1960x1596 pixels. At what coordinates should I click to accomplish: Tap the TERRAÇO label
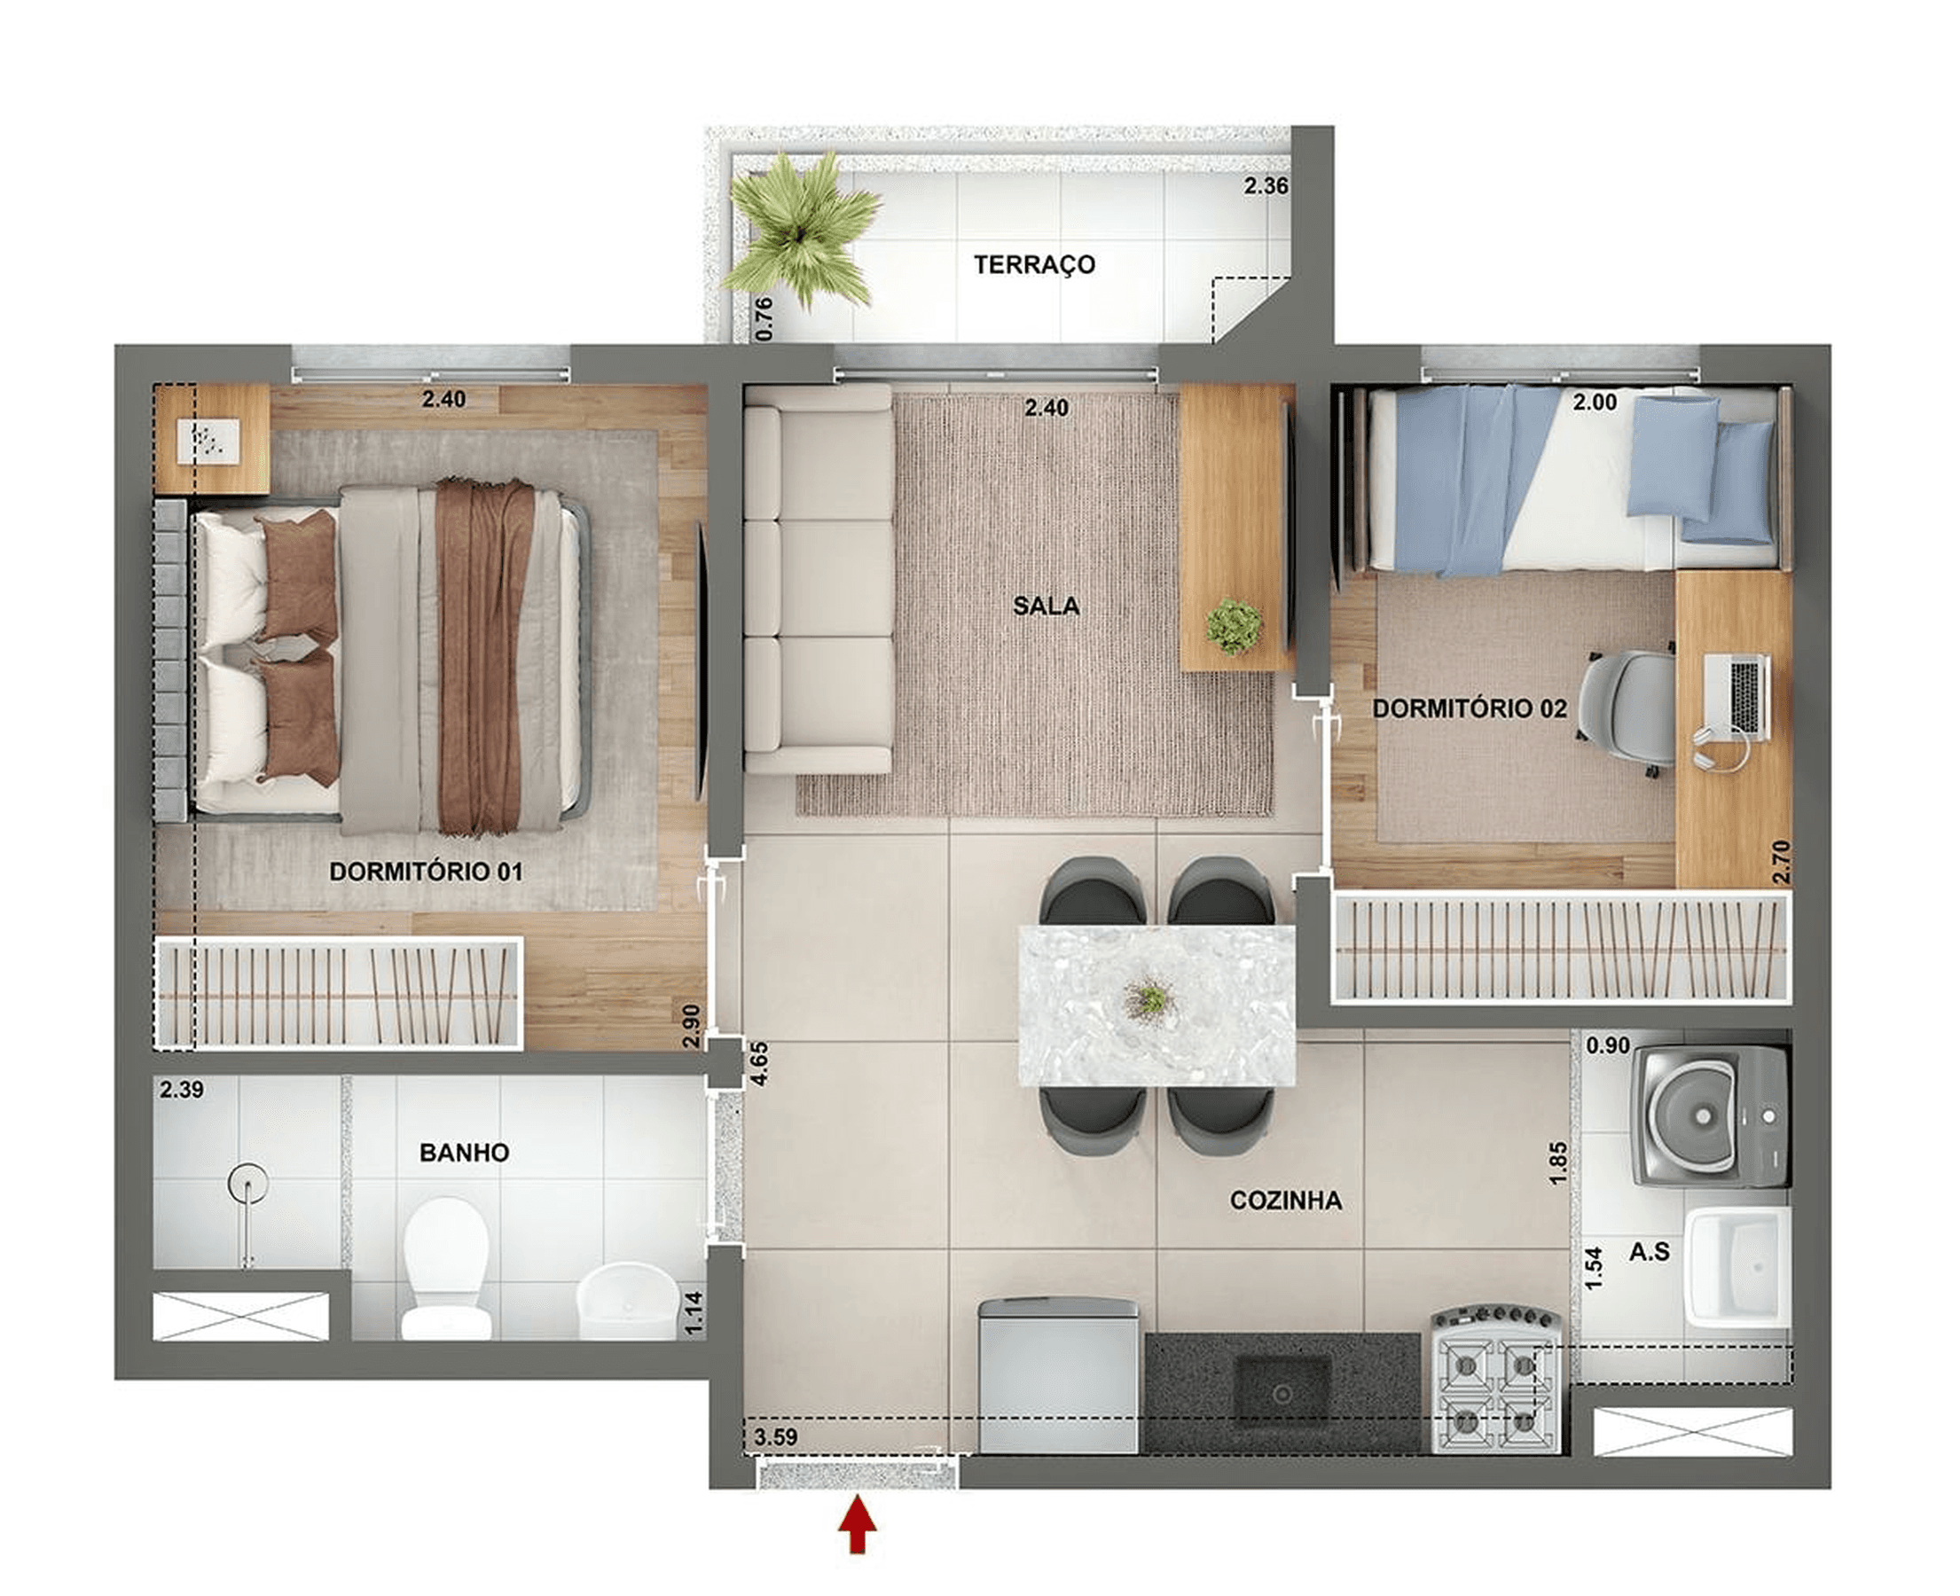(1034, 265)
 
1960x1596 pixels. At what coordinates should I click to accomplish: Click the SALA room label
(1047, 606)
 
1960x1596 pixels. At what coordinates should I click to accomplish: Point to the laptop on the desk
(1737, 696)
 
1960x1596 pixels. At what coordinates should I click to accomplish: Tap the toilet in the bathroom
(446, 1268)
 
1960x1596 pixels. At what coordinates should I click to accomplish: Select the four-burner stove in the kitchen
(1496, 1379)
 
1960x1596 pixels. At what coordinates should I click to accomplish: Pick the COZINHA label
(1285, 1201)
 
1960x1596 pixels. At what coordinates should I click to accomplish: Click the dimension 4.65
(759, 1064)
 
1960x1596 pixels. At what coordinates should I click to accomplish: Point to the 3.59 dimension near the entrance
(775, 1437)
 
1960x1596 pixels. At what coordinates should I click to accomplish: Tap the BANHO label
(464, 1153)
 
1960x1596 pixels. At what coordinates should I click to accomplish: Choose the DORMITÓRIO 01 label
(426, 872)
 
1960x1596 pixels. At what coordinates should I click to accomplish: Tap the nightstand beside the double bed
(212, 440)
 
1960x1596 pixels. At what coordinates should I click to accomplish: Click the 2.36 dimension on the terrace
(1266, 185)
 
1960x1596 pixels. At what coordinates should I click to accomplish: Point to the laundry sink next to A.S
(1737, 1267)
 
